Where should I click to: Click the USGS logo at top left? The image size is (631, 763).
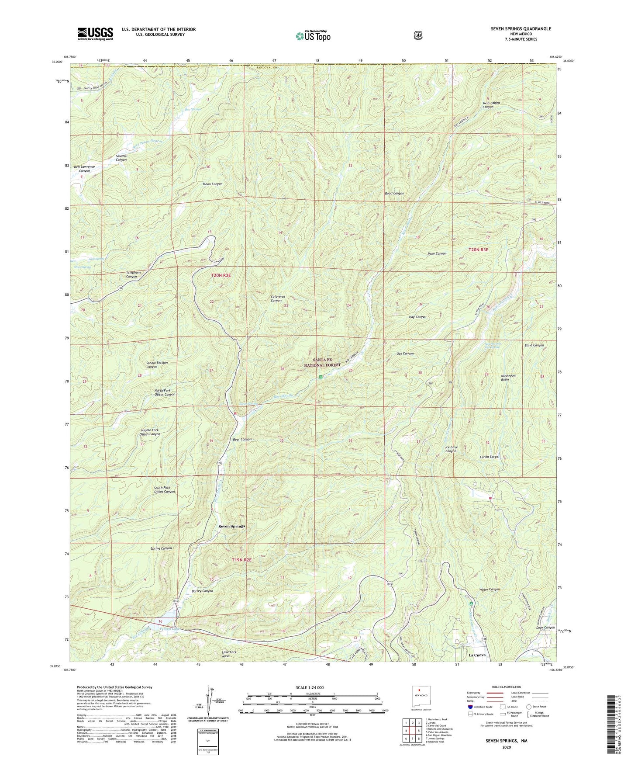pyautogui.click(x=95, y=34)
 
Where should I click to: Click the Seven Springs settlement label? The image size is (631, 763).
pyautogui.click(x=231, y=526)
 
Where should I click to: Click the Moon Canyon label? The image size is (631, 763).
pyautogui.click(x=212, y=184)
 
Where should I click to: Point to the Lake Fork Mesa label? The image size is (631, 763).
pyautogui.click(x=229, y=654)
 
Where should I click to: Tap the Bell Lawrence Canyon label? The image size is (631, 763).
pyautogui.click(x=84, y=169)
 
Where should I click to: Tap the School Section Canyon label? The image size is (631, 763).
pyautogui.click(x=157, y=364)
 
